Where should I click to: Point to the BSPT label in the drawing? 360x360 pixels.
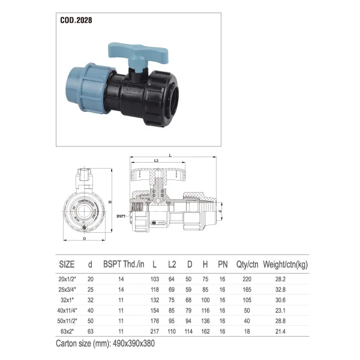[121, 215]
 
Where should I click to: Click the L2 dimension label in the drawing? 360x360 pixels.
[156, 161]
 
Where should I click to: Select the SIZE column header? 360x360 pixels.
[67, 264]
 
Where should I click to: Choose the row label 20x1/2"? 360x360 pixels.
[67, 279]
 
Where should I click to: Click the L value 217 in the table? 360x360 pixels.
[155, 332]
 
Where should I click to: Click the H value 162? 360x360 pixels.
[206, 332]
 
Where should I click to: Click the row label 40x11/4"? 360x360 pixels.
[67, 311]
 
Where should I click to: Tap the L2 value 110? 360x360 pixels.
[172, 332]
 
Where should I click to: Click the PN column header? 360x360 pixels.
[223, 264]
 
